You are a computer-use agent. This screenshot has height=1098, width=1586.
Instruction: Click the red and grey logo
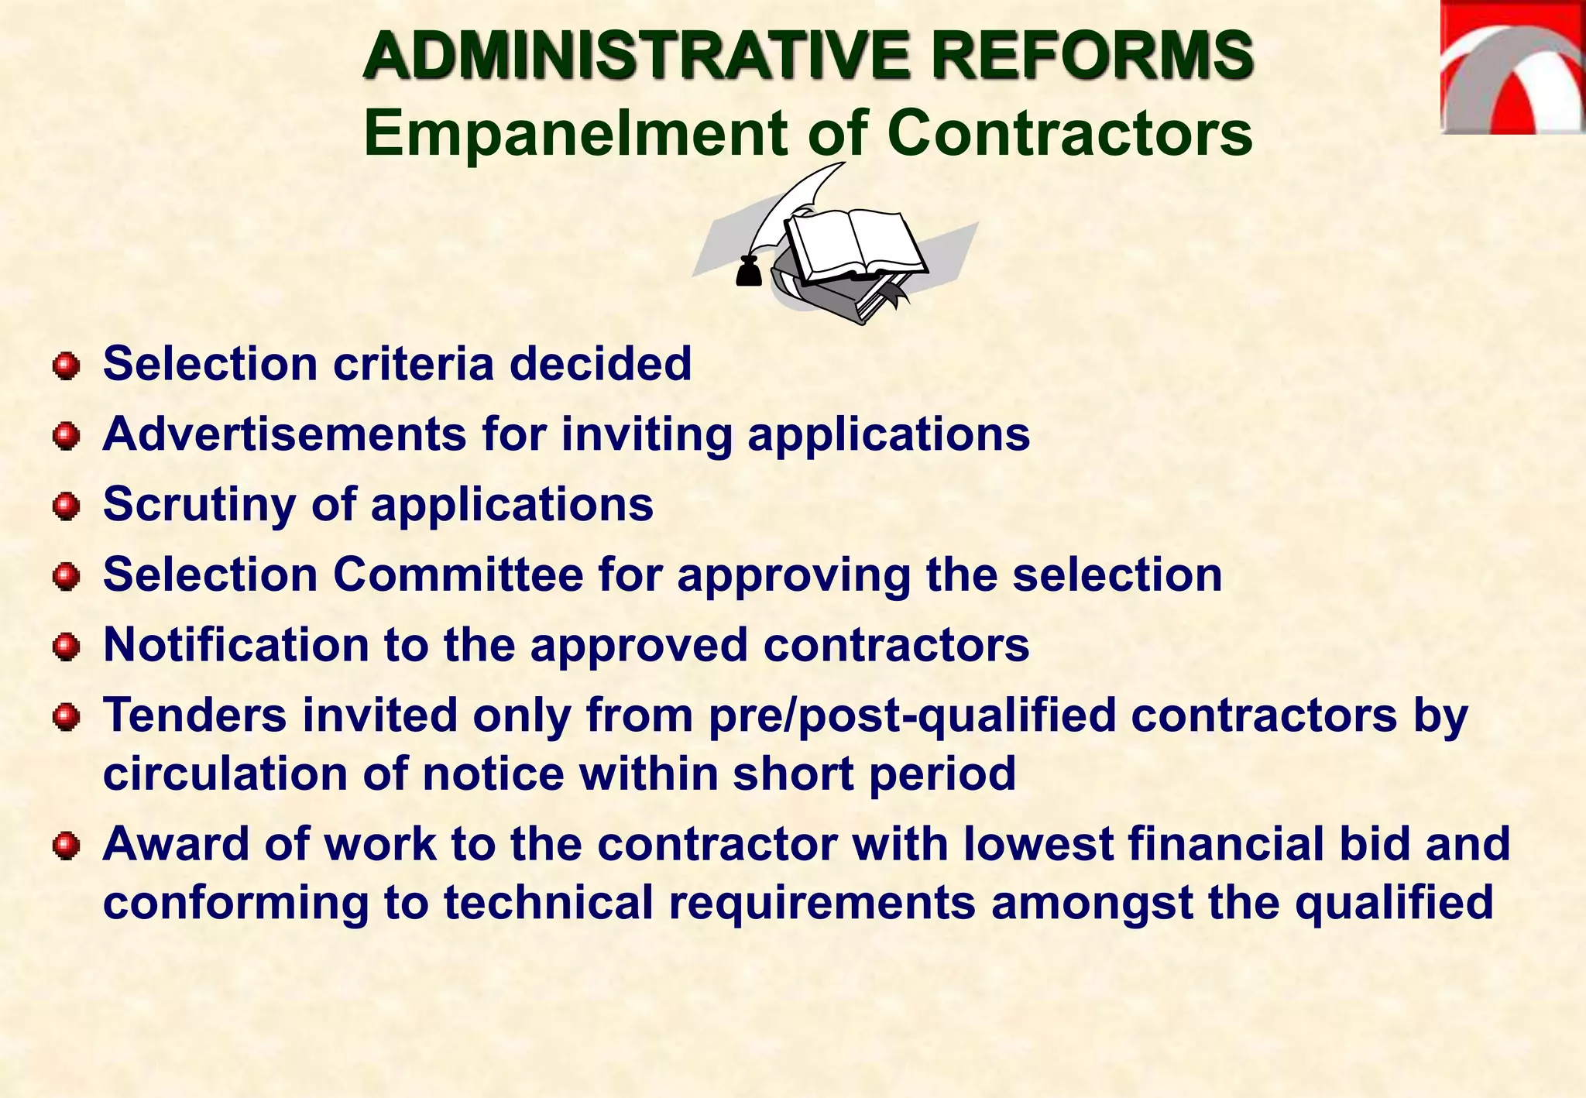(1512, 68)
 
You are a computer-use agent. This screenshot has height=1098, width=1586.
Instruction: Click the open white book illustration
(855, 243)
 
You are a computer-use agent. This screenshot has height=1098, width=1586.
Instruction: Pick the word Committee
(458, 575)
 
